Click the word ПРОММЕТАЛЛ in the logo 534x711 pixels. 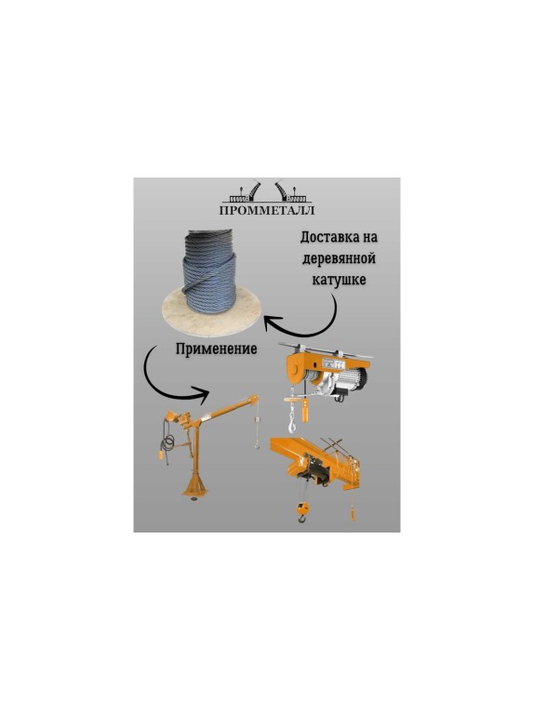(267, 210)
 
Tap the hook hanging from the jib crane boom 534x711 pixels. (255, 450)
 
